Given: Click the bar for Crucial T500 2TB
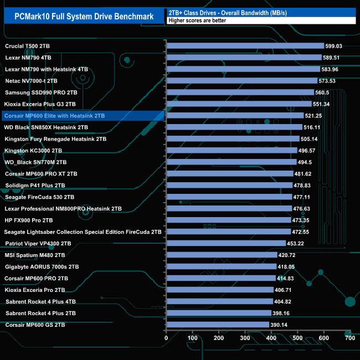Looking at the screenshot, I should pos(245,46).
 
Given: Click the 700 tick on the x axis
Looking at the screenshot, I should pos(350,337).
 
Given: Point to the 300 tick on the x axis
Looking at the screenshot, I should pos(245,337).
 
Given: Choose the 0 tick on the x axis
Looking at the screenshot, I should pos(166,337).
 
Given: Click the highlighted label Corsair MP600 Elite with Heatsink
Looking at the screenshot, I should pos(54,116).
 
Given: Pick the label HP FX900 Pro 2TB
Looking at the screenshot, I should pos(28,220).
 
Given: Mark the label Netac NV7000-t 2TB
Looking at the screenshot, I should pos(31,81).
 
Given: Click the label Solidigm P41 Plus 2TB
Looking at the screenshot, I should pos(35,185).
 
